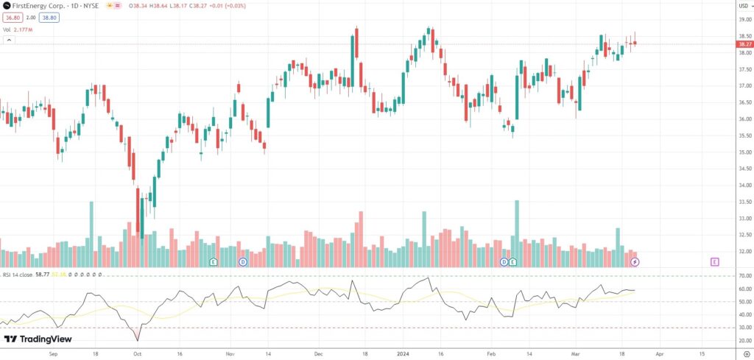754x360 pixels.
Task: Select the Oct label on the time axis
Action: click(137, 353)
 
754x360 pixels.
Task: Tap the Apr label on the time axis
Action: click(658, 353)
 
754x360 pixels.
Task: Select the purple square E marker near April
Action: click(714, 261)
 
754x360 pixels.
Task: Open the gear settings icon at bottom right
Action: click(746, 353)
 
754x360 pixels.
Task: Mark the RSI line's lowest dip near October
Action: click(137, 340)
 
